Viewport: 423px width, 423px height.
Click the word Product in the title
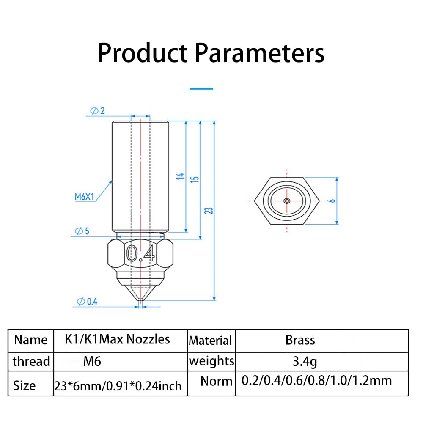143,54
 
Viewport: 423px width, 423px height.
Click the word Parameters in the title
259,54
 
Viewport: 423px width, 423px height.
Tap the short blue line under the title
201,88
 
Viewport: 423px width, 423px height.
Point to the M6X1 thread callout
84,196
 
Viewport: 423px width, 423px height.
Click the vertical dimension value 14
181,176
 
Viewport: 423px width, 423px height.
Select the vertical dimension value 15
195,179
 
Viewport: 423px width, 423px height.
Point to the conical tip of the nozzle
140,292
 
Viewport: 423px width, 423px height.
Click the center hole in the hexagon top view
287,201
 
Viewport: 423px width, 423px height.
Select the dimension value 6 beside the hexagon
333,200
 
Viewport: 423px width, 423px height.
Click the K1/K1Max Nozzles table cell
118,339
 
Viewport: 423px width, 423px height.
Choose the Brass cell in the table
300,340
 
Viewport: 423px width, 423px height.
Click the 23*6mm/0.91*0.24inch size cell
118,385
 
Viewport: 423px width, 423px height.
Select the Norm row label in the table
216,381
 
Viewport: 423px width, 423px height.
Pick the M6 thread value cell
92,361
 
